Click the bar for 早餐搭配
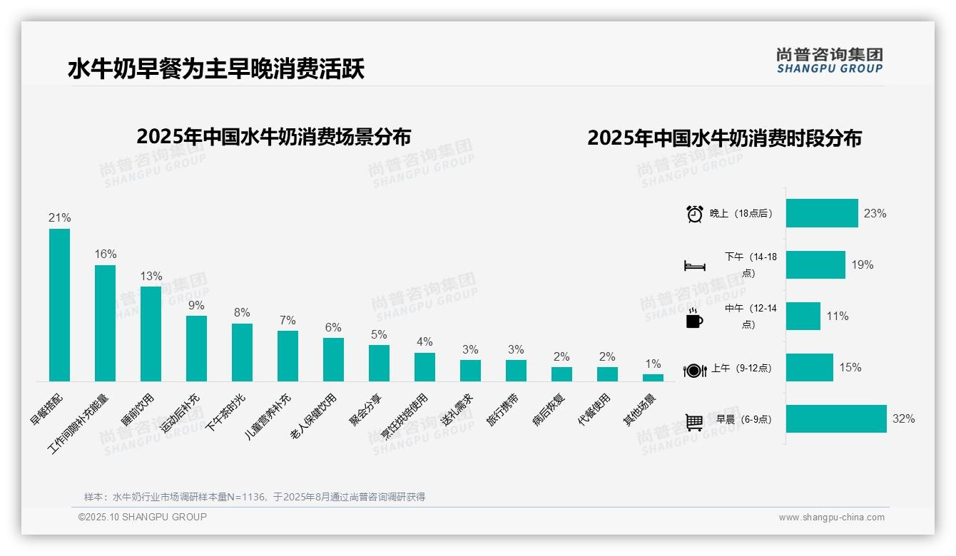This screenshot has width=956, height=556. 59,305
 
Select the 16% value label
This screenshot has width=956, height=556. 105,254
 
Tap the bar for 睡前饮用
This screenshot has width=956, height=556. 151,334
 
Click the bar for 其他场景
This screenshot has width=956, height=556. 653,378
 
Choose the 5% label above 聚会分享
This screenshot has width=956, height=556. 379,334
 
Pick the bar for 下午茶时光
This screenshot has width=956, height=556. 242,352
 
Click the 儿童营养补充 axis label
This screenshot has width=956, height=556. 268,416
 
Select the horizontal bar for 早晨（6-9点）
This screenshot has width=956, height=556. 835,419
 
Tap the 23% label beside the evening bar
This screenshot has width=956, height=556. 875,213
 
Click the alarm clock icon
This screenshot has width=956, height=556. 695,214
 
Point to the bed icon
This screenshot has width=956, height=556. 695,266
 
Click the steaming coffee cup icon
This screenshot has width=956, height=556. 694,318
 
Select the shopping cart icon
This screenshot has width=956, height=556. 694,421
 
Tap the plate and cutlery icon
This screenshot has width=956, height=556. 694,370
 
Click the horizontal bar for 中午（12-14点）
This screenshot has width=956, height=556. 803,316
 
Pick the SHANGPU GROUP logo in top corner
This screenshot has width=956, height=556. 829,60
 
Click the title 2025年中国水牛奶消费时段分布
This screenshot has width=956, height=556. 724,138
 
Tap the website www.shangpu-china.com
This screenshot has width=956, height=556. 831,518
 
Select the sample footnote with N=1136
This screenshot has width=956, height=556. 255,497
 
